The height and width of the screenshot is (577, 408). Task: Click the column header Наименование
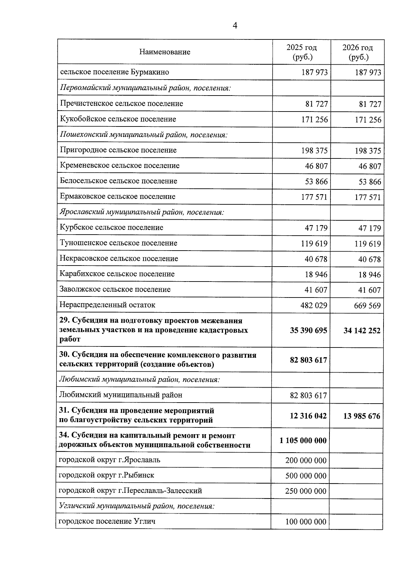165,52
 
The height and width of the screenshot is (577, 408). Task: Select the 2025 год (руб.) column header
302,52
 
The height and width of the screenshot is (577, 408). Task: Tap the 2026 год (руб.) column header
358,52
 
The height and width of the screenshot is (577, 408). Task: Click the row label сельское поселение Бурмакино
115,72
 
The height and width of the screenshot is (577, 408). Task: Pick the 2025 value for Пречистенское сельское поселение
317,104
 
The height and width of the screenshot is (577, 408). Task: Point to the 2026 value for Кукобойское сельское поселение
368,120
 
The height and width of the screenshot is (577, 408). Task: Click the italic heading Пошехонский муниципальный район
143,135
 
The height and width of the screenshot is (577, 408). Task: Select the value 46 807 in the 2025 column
316,166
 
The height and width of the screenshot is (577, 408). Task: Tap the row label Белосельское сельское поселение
118,181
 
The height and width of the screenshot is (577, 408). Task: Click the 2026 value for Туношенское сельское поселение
368,244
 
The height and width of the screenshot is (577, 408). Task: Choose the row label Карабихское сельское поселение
117,274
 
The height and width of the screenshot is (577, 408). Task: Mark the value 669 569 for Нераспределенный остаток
367,306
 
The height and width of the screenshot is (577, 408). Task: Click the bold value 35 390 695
308,330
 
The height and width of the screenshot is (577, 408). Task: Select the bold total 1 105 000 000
303,441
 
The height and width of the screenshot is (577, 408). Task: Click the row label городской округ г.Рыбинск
106,475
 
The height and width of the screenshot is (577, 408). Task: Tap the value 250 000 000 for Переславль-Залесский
306,491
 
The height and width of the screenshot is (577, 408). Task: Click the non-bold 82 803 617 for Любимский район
308,395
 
